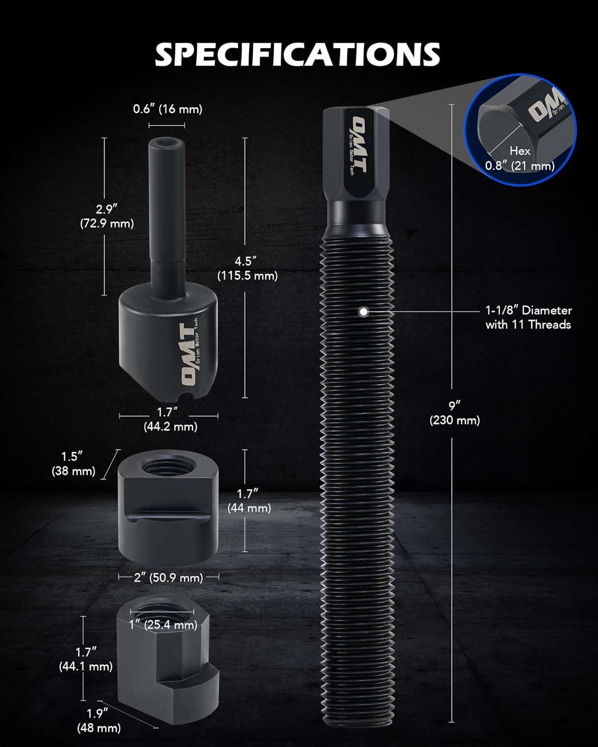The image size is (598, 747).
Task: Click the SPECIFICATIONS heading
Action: (298, 54)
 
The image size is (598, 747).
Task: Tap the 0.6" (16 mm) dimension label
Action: (167, 110)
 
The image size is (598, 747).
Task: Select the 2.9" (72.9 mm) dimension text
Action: (107, 216)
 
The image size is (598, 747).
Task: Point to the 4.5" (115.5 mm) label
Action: (247, 268)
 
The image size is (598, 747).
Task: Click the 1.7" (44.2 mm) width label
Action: (170, 419)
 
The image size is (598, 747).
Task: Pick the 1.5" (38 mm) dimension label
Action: (73, 464)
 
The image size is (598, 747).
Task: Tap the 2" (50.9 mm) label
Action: (168, 578)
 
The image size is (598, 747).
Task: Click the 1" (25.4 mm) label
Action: (163, 625)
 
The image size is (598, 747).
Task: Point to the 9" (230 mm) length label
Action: (454, 413)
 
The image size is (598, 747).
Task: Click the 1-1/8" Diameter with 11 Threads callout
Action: (529, 317)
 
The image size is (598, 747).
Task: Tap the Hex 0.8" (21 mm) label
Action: (520, 158)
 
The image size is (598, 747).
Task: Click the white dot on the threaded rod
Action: (363, 312)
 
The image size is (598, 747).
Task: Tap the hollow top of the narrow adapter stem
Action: (166, 143)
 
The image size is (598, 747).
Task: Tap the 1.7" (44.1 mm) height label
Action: (86, 659)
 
